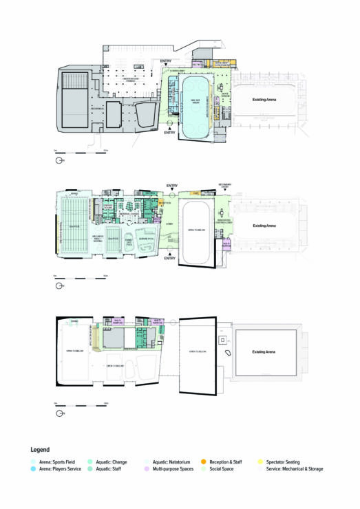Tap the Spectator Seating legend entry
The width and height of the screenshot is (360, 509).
tap(286, 460)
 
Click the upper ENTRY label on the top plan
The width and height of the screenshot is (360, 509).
tap(165, 63)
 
